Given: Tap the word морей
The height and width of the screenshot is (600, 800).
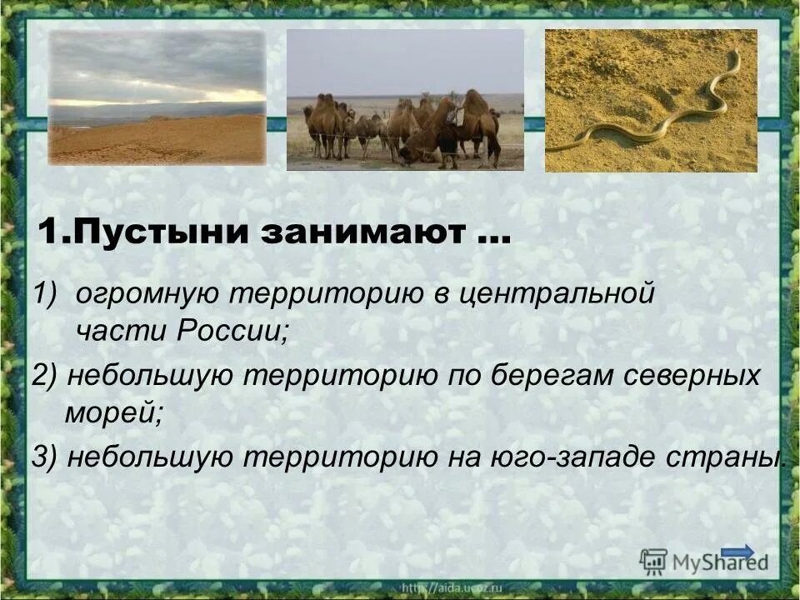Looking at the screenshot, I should pos(113,412).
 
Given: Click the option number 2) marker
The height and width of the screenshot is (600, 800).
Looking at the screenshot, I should pos(45,376).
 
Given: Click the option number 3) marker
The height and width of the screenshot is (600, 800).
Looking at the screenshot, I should pos(45,457).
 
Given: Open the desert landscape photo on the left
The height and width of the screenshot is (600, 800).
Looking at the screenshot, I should pos(157,97).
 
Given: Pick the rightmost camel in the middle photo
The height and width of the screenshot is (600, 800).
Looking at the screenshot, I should pos(481,125).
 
